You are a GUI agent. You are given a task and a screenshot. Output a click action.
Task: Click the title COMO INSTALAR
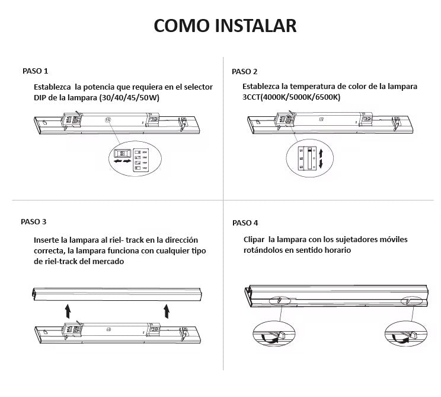(225, 26)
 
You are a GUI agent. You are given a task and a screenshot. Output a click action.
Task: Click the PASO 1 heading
(35, 71)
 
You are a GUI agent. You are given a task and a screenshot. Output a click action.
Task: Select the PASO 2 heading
(245, 71)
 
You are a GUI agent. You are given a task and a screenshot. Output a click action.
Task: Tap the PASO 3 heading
(33, 221)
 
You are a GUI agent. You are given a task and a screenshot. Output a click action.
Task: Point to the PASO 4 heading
(245, 223)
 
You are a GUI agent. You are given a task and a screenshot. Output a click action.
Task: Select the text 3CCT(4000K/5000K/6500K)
(291, 97)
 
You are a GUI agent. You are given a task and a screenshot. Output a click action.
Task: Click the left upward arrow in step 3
(68, 310)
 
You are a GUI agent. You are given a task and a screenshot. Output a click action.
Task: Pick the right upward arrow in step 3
(167, 310)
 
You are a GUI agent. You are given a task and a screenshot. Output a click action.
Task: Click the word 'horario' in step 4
(336, 250)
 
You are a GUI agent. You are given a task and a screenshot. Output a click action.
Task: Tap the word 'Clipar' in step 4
(254, 240)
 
